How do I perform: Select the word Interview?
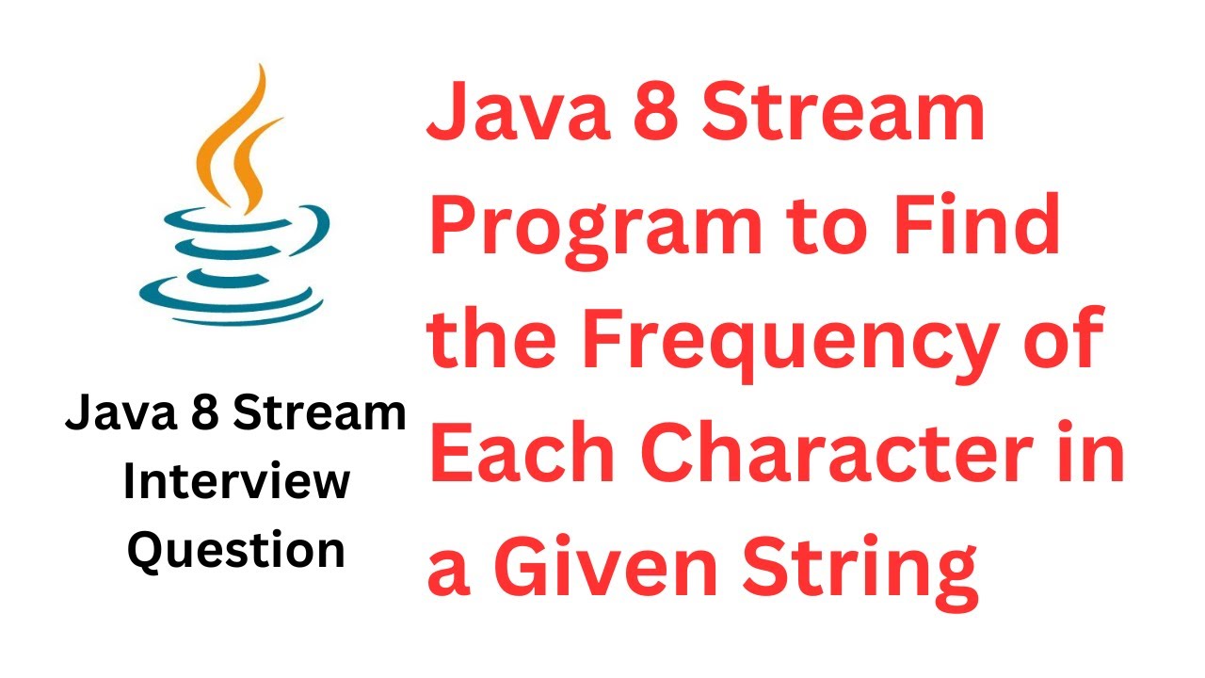point(236,483)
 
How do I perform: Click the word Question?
point(236,551)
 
